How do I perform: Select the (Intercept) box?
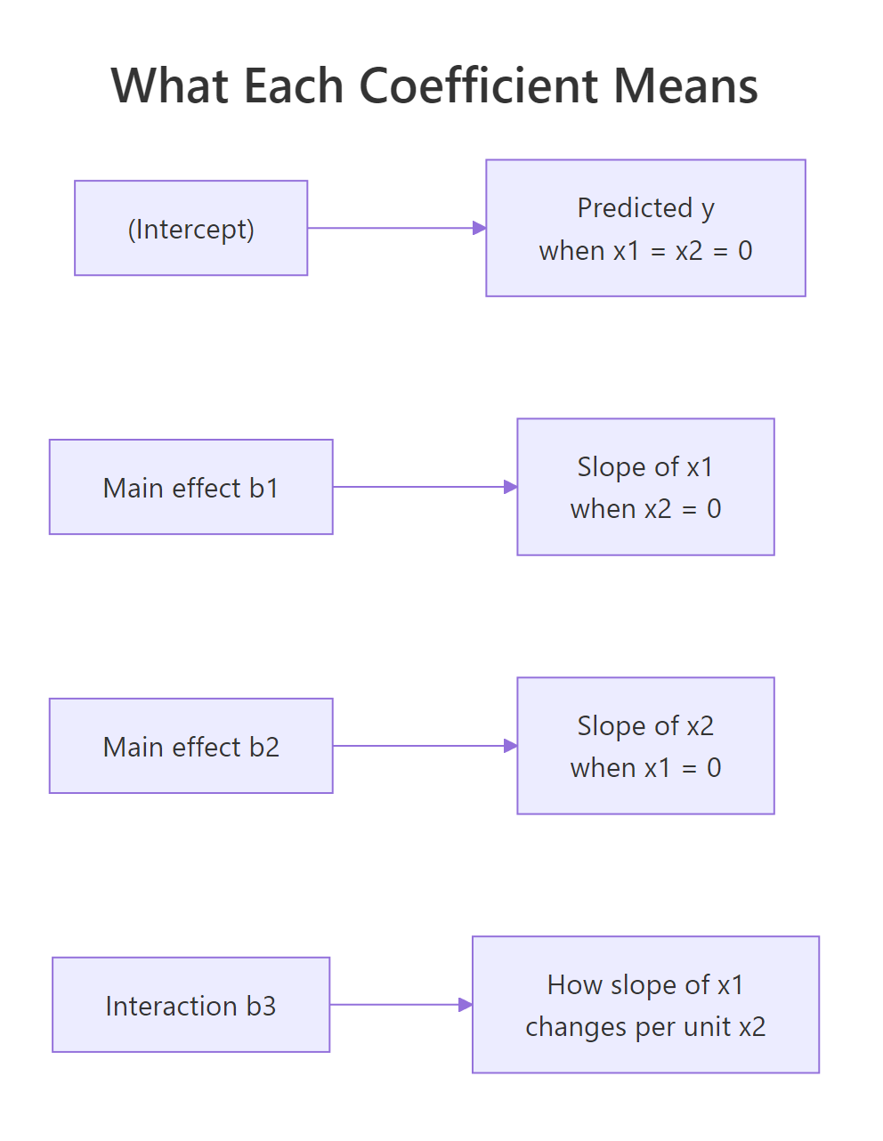point(190,229)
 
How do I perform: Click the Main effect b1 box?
point(190,488)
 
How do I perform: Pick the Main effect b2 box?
point(190,747)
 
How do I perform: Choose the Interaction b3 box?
point(190,1006)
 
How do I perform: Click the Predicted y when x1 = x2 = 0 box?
point(645,229)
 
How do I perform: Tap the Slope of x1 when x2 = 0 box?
point(645,488)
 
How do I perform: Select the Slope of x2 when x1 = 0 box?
point(645,747)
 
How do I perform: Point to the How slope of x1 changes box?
point(645,1006)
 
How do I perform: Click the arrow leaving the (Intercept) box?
point(396,229)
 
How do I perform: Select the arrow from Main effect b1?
point(424,488)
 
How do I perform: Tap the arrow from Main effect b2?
point(424,747)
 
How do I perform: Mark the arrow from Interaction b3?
point(401,1006)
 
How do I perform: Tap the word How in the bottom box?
point(574,985)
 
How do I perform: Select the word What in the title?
point(168,86)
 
